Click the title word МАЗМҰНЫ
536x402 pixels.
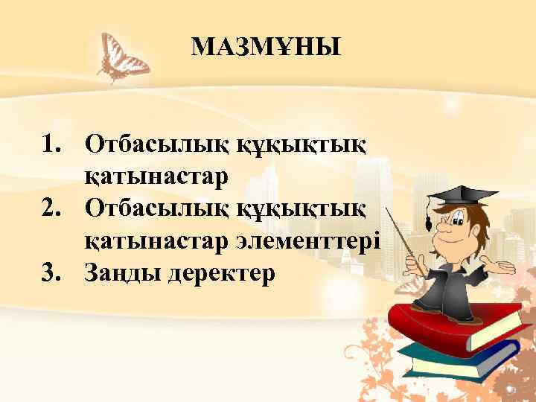tap(266, 48)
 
